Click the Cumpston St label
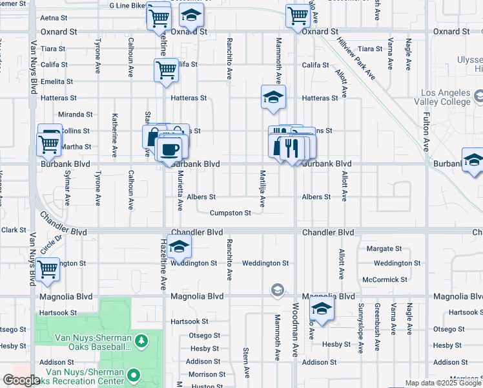pyautogui.click(x=230, y=213)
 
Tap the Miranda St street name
pyautogui.click(x=71, y=114)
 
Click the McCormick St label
pyautogui.click(x=385, y=279)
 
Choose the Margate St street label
pyautogui.click(x=384, y=248)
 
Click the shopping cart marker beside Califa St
pyautogui.click(x=166, y=70)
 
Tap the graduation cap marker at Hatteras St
pyautogui.click(x=273, y=97)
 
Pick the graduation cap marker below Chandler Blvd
pyautogui.click(x=179, y=246)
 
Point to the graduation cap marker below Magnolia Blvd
pyautogui.click(x=321, y=308)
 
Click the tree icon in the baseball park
pyautogui.click(x=139, y=339)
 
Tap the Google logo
pyautogui.click(x=21, y=380)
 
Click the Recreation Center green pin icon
pyautogui.click(x=134, y=374)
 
